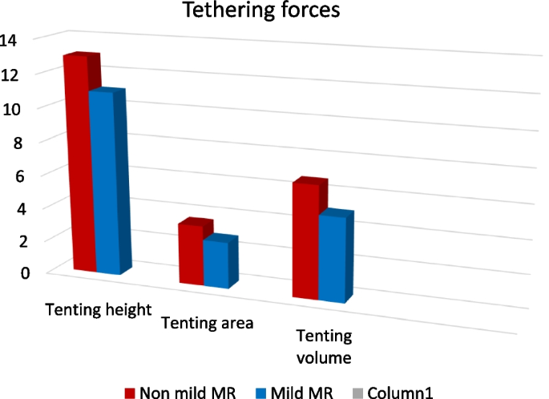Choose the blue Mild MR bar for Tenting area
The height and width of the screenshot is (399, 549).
click(215, 264)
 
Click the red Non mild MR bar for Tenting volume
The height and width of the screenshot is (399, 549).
click(306, 240)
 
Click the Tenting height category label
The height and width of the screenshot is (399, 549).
click(99, 310)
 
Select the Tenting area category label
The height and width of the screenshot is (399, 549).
click(207, 324)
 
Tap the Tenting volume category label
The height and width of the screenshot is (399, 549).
click(324, 344)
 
